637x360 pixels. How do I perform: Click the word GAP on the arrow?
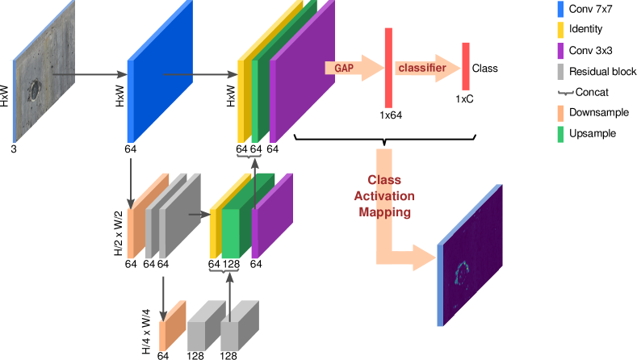coord(344,69)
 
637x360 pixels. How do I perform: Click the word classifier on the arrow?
coord(421,68)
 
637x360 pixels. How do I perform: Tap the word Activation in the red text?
coord(384,196)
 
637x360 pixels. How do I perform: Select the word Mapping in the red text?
coord(385,212)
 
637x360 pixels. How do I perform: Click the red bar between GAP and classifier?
coord(388,68)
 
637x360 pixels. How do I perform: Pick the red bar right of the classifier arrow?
coord(466,66)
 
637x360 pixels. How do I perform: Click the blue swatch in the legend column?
coord(560,10)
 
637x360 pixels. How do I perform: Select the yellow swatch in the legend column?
coord(560,31)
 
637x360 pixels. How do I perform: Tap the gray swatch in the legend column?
coord(560,71)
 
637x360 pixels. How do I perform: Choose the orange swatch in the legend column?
coord(560,113)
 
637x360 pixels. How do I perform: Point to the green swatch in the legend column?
coord(560,134)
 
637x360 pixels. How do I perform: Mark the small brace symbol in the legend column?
coord(566,93)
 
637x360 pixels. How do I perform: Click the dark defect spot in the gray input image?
coord(35,89)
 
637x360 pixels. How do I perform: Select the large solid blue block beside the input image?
coord(160,73)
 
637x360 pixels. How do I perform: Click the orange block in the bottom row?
coord(172,328)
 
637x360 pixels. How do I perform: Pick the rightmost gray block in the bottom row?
coord(239,328)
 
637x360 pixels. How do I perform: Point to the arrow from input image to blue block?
coord(89,74)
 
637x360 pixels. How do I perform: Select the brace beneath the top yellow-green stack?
coord(249,155)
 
